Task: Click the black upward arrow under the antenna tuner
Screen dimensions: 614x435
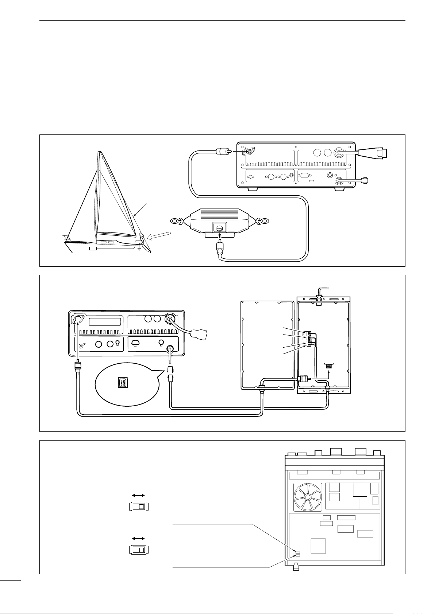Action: [219, 237]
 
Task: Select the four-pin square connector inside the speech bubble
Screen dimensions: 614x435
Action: [122, 383]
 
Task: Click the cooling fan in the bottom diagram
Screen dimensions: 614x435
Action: [308, 497]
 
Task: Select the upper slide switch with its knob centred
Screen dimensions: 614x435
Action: [139, 507]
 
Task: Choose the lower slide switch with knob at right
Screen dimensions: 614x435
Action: [139, 550]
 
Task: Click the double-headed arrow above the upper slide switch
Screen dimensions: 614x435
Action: [138, 495]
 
